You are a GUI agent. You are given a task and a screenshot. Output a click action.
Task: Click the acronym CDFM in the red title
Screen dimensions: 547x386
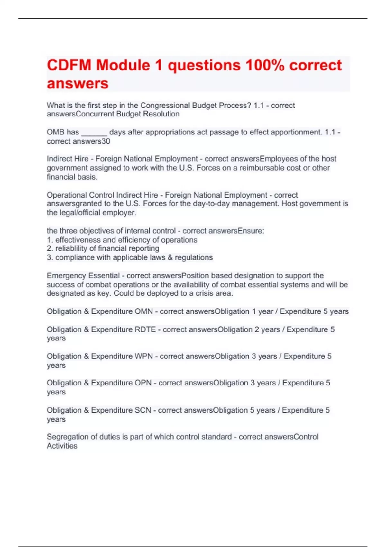(69, 65)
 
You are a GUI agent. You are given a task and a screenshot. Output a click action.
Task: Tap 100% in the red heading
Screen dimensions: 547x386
(265, 65)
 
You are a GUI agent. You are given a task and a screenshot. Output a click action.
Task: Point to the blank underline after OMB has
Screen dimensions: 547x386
(94, 132)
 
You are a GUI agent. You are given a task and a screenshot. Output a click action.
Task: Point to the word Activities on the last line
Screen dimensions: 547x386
(62, 446)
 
